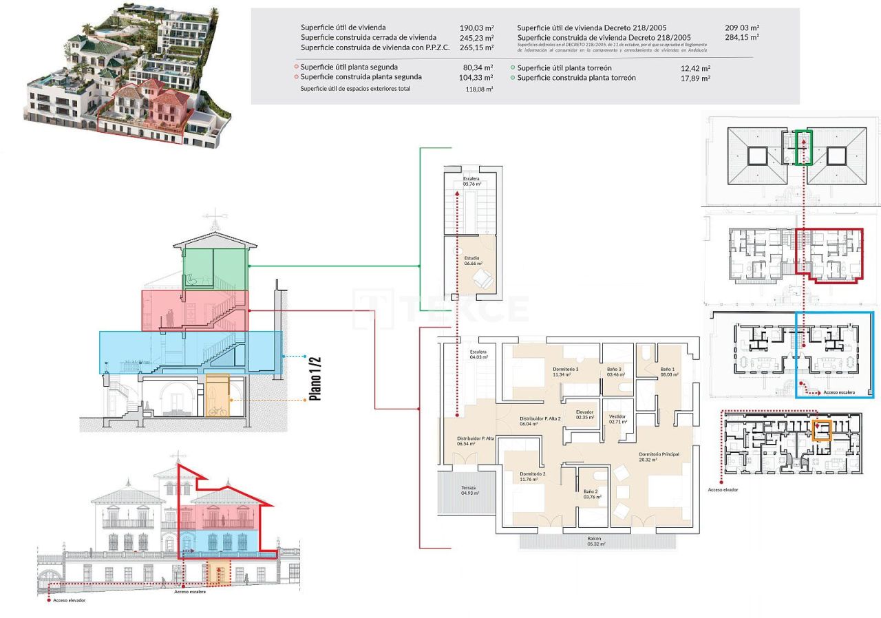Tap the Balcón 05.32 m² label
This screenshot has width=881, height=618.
point(595,541)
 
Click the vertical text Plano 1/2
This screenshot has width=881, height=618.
point(315,378)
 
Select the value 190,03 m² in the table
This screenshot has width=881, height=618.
point(476,28)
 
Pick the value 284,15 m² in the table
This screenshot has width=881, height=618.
point(742,37)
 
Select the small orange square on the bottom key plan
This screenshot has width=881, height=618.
point(822,430)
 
